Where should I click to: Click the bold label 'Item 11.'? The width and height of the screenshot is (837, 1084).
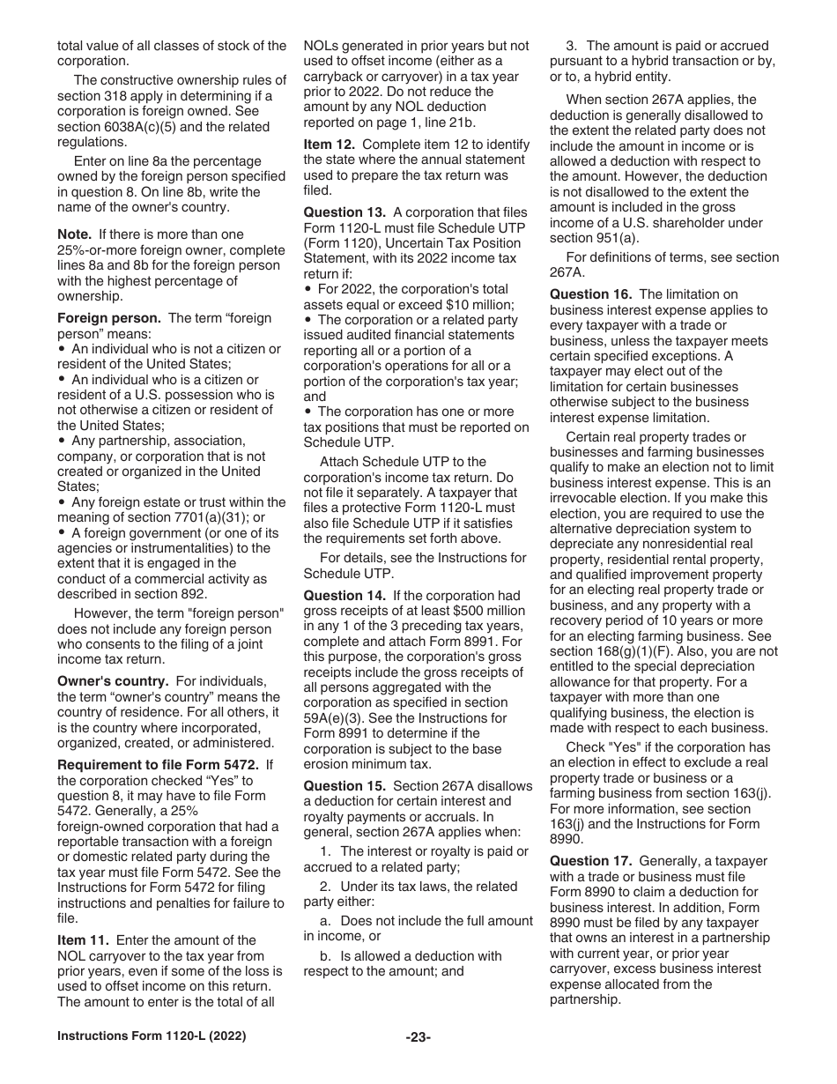(84, 940)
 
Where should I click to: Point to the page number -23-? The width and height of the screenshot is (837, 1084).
(418, 1037)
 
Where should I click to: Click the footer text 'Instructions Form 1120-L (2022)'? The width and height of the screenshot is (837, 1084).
(152, 1036)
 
